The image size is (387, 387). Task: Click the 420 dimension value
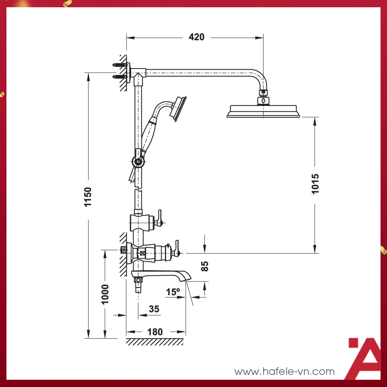[x=196, y=37]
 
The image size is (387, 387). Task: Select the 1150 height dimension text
[x=88, y=197]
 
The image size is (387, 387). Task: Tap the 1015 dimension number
[x=315, y=183]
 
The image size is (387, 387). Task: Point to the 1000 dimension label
[x=105, y=294]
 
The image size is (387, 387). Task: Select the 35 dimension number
[x=154, y=309]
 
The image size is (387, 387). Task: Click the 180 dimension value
[x=155, y=332]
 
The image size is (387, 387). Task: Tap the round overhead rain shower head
[x=264, y=111]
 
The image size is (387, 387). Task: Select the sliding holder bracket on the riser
[x=138, y=161]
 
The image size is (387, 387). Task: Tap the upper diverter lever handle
[x=160, y=217]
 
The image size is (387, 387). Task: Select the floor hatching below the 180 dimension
[x=154, y=342]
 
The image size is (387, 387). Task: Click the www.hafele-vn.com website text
[x=285, y=371]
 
